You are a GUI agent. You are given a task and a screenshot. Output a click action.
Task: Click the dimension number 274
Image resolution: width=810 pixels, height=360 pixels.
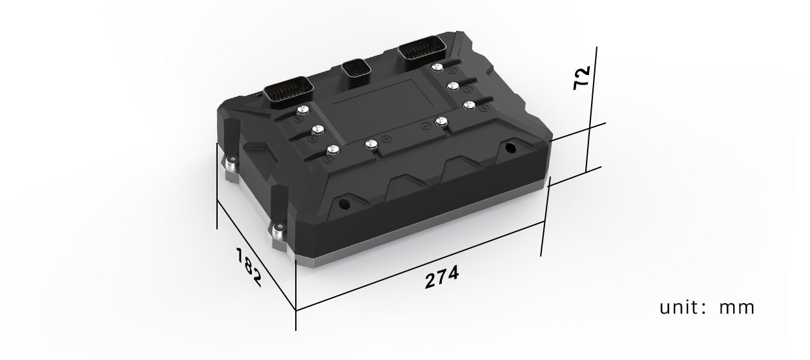click(442, 277)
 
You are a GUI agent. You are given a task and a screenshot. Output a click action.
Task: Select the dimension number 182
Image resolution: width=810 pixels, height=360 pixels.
click(247, 266)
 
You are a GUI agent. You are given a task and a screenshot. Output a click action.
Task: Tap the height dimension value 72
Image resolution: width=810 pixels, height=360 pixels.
click(581, 78)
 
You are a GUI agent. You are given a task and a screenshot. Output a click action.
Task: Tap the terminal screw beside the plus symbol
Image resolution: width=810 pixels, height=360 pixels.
click(371, 145)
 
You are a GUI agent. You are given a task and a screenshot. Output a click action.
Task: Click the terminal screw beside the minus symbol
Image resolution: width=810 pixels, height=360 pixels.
click(442, 122)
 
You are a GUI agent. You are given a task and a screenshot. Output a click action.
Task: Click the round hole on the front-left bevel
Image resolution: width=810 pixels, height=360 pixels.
click(343, 205)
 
